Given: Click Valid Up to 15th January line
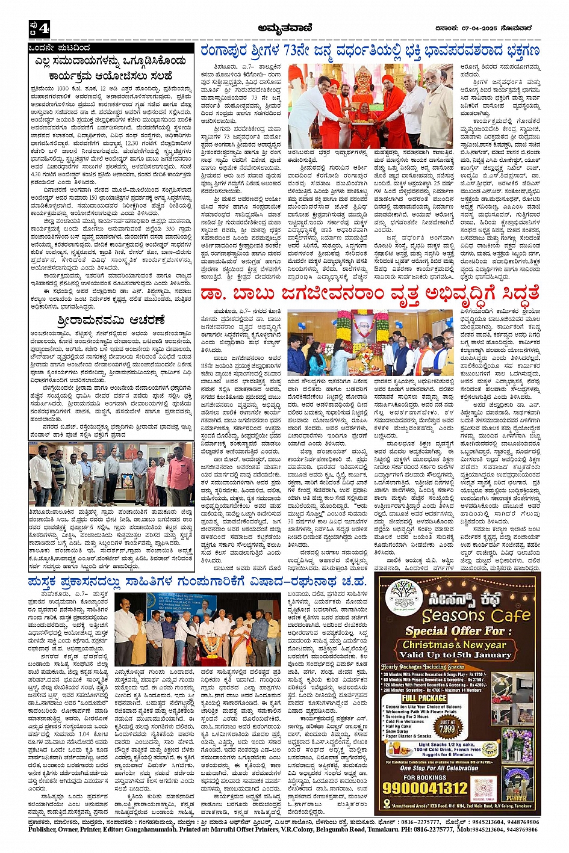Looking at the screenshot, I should [x=456, y=654].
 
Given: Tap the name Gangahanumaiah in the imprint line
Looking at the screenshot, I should [x=152, y=828].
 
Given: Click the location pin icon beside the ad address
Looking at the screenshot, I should [x=386, y=804].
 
